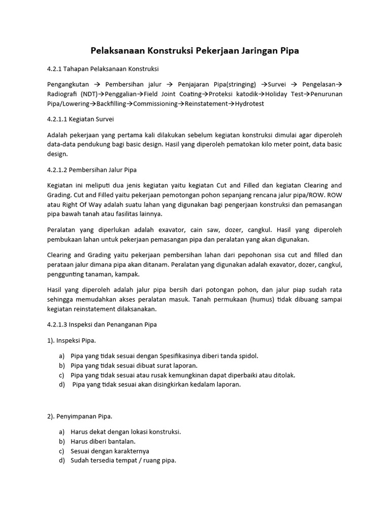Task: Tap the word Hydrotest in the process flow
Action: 246,104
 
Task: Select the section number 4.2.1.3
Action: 59,324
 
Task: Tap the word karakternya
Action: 131,451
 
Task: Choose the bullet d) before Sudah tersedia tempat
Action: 62,461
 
